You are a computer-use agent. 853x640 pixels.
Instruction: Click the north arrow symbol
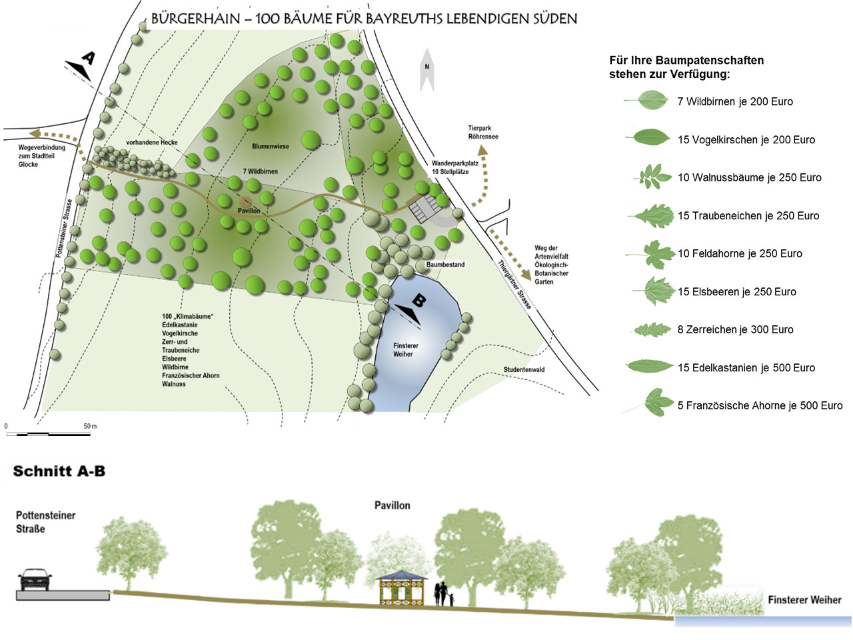coord(426,71)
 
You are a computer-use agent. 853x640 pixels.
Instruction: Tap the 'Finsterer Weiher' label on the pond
coord(405,350)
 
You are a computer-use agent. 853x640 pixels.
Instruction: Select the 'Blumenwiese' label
coord(271,147)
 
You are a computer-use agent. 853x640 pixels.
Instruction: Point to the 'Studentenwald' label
coord(524,369)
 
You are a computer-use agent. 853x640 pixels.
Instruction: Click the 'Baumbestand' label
coord(445,265)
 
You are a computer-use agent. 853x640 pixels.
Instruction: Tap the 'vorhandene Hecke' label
coord(151,143)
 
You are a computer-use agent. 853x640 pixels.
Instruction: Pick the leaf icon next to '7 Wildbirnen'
coord(646,100)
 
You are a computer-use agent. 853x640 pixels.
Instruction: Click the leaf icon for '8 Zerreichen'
coord(651,330)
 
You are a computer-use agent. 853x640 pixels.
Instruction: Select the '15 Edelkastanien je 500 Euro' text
coord(746,367)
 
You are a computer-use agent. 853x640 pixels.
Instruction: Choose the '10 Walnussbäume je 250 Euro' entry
coord(750,177)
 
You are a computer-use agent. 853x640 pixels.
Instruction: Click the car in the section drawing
coord(35,580)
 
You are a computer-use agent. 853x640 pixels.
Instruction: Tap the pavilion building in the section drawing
coord(401,588)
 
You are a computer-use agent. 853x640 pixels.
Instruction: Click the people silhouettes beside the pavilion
coord(444,595)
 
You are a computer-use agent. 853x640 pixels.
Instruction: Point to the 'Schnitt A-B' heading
coord(59,471)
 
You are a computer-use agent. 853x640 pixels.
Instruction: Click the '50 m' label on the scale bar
coord(90,426)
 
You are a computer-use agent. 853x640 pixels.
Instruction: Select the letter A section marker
coord(89,58)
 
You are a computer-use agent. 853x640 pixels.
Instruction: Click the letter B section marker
coord(419,300)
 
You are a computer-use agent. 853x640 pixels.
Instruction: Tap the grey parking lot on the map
coord(425,208)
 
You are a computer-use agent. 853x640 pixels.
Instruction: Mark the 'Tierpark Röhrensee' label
coord(483,132)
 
